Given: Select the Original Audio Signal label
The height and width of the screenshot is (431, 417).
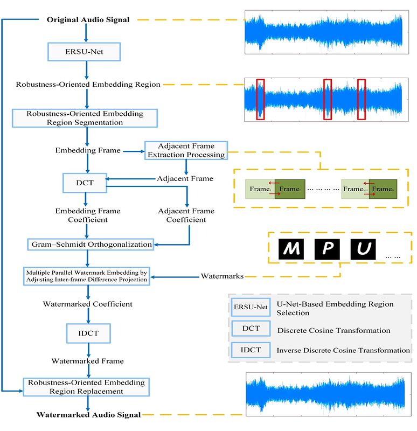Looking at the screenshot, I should tap(88, 20).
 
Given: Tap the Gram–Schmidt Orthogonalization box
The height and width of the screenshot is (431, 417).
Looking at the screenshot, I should tap(90, 244).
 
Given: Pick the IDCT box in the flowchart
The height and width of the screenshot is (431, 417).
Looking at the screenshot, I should tap(87, 333).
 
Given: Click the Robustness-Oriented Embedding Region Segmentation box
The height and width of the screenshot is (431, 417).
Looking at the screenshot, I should tap(85, 118).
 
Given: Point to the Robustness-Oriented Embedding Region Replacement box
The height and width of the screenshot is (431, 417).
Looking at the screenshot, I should tap(85, 387).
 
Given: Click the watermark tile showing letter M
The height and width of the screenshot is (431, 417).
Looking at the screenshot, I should tap(291, 249).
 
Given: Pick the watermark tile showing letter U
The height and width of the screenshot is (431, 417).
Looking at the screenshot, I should tap(364, 249).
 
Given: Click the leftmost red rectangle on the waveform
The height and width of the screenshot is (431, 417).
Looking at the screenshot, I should tap(260, 99).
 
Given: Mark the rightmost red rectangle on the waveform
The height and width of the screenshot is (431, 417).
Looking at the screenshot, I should tap(362, 99).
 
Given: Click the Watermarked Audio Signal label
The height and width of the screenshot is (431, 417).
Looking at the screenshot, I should tap(89, 415).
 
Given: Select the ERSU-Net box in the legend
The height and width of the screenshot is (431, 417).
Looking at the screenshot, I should tap(250, 308).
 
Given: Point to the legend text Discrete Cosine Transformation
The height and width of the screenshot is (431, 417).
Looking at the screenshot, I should tap(333, 330).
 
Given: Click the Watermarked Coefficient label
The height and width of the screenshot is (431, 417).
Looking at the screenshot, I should tap(87, 304).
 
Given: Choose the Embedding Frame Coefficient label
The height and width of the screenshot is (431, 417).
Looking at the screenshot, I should tap(88, 215).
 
